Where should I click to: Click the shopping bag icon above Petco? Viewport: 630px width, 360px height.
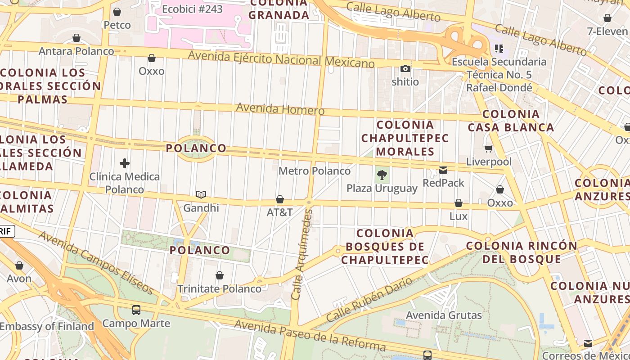[117, 12]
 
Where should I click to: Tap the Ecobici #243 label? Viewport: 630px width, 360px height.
[192, 9]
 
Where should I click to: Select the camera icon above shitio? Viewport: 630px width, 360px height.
[405, 69]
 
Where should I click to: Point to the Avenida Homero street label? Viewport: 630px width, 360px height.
[280, 109]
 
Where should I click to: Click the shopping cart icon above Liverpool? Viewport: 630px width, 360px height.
[489, 148]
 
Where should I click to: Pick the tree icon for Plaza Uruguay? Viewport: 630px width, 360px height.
[382, 175]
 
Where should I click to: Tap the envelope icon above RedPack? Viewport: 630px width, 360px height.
[443, 170]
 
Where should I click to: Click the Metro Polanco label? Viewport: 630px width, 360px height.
[314, 171]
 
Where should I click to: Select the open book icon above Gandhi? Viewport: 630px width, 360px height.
[201, 194]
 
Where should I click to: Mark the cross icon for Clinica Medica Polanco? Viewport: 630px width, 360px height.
[125, 163]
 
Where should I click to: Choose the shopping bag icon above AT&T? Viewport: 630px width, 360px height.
[280, 199]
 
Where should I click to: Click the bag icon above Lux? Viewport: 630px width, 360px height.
[459, 203]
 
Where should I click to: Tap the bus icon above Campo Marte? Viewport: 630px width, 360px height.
[136, 310]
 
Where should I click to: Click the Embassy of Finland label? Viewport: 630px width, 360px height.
[47, 326]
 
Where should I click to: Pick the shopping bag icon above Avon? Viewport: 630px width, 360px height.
[19, 265]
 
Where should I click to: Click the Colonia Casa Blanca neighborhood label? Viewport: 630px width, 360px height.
[511, 121]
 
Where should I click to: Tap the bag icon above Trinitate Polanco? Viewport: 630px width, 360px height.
[220, 275]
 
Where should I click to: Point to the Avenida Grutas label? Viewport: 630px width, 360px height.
[444, 315]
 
